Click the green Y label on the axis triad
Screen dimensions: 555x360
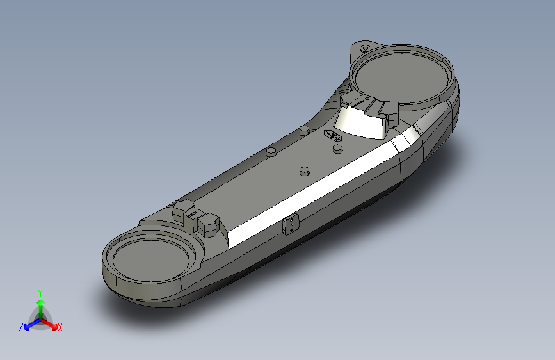[x=40, y=293]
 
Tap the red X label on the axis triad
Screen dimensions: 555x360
[x=60, y=327]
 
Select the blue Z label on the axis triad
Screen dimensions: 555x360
[x=21, y=327]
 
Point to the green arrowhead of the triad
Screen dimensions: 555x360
[x=41, y=302]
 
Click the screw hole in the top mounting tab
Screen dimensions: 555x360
[x=365, y=49]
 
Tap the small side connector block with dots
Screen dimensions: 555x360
[x=291, y=224]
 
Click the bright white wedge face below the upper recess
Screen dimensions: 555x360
[x=360, y=122]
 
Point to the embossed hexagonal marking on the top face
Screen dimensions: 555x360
[x=332, y=135]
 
